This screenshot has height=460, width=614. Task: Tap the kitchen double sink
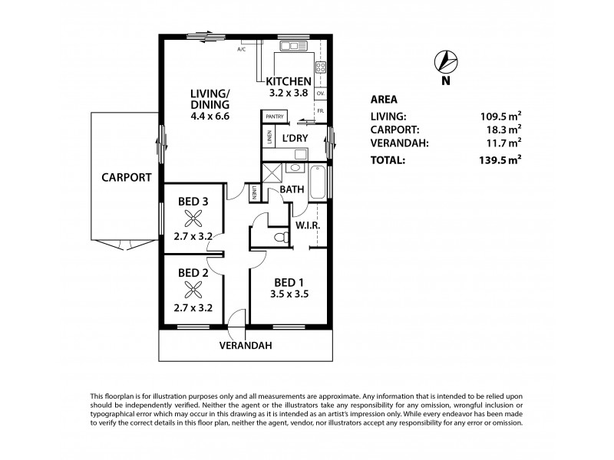[x=293, y=47]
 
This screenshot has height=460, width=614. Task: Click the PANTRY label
[x=275, y=117]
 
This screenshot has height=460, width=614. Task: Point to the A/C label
[x=241, y=50]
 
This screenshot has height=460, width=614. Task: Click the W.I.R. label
[x=307, y=227]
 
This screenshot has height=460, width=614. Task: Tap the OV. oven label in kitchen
[x=321, y=94]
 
